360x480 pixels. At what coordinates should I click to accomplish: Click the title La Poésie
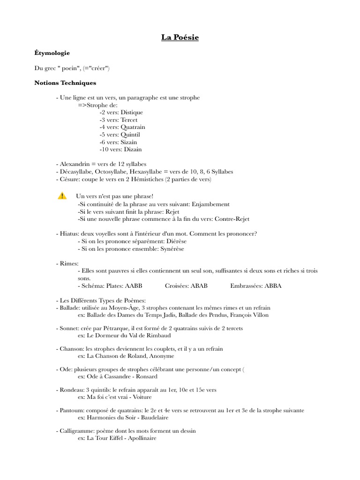click(180, 37)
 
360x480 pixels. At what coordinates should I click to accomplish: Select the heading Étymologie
click(52, 53)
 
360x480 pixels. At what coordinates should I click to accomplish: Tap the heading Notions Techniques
click(65, 83)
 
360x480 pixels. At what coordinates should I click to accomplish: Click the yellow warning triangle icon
click(62, 196)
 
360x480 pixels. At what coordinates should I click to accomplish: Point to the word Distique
click(132, 112)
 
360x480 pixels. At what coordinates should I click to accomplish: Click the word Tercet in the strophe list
click(129, 120)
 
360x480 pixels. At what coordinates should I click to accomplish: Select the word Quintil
click(130, 135)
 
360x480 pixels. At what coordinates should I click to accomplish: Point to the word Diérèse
click(173, 241)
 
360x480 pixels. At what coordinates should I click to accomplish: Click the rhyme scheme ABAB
click(199, 285)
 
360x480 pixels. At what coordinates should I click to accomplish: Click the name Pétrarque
click(123, 328)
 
